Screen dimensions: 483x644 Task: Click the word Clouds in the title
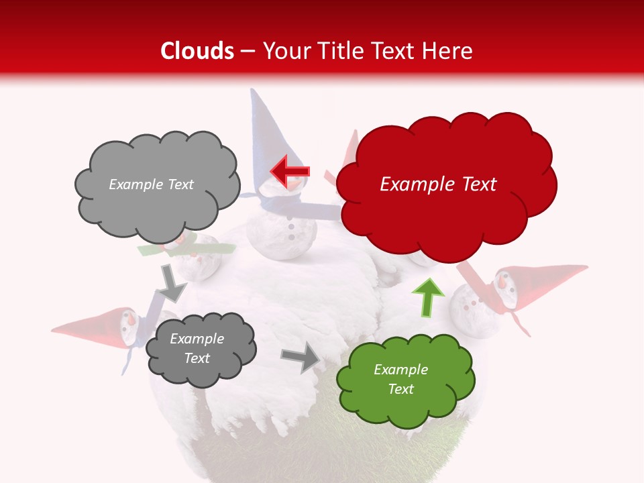point(197,51)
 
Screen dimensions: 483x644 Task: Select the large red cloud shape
point(446,184)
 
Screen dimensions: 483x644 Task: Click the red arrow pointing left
point(289,170)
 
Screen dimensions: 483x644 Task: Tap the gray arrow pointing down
point(172,282)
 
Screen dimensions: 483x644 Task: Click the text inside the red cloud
point(438,184)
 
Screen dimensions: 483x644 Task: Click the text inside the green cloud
point(400,379)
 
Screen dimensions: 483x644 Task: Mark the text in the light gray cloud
point(151,184)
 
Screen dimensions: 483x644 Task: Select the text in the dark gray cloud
point(197,349)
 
